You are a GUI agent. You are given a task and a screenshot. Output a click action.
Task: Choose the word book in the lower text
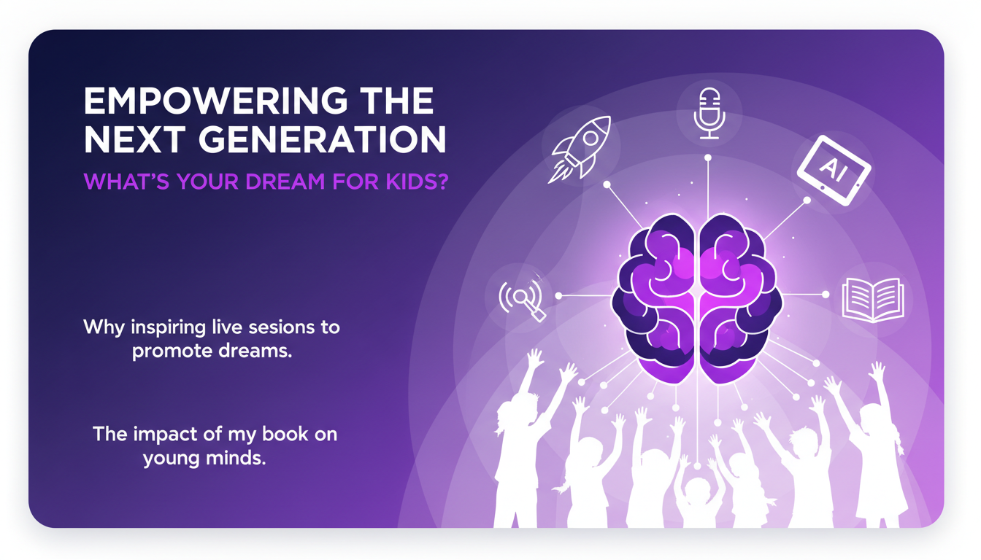[x=279, y=435]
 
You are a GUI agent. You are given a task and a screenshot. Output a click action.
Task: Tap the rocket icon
[x=580, y=148]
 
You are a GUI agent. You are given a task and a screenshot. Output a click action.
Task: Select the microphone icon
[x=708, y=113]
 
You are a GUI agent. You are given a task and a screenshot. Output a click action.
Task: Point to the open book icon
[x=873, y=298]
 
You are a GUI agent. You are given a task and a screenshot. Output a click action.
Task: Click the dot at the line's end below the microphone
[x=708, y=157]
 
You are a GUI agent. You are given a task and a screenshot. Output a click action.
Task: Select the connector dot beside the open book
[x=826, y=295]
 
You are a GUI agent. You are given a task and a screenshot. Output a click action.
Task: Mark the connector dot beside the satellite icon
[x=558, y=296]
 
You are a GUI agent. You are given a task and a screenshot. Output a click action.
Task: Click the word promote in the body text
[x=172, y=351]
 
